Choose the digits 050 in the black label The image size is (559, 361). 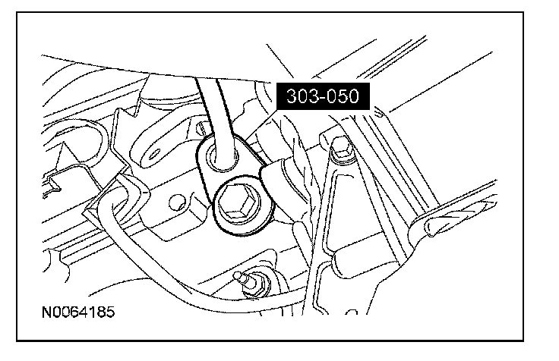point(348,96)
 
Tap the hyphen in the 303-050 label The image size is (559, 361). point(324,97)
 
